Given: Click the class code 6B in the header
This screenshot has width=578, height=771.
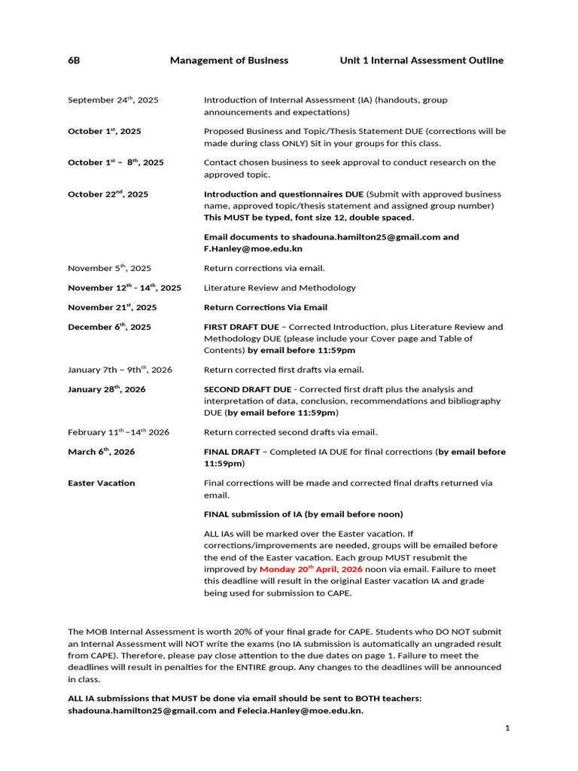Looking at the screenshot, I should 74,60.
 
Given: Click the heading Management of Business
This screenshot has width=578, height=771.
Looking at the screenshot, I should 229,60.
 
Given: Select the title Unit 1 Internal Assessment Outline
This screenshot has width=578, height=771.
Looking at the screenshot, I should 421,60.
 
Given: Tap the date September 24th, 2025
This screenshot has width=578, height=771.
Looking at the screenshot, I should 113,100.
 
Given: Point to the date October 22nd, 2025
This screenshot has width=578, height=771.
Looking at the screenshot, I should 108,194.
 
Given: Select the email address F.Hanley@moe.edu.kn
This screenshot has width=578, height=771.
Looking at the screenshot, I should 253,248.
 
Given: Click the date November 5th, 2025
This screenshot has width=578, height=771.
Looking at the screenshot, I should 109,268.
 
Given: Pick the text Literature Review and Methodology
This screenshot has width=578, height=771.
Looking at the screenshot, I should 280,288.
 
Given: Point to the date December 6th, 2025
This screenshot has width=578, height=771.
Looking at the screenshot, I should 109,327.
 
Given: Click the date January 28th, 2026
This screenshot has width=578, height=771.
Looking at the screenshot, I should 107,389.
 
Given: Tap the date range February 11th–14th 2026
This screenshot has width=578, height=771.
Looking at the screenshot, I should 118,432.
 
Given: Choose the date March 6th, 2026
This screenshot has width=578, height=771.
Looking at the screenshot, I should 101,452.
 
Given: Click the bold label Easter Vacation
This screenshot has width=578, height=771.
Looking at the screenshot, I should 102,483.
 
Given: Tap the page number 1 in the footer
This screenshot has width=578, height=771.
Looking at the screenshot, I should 507,728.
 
